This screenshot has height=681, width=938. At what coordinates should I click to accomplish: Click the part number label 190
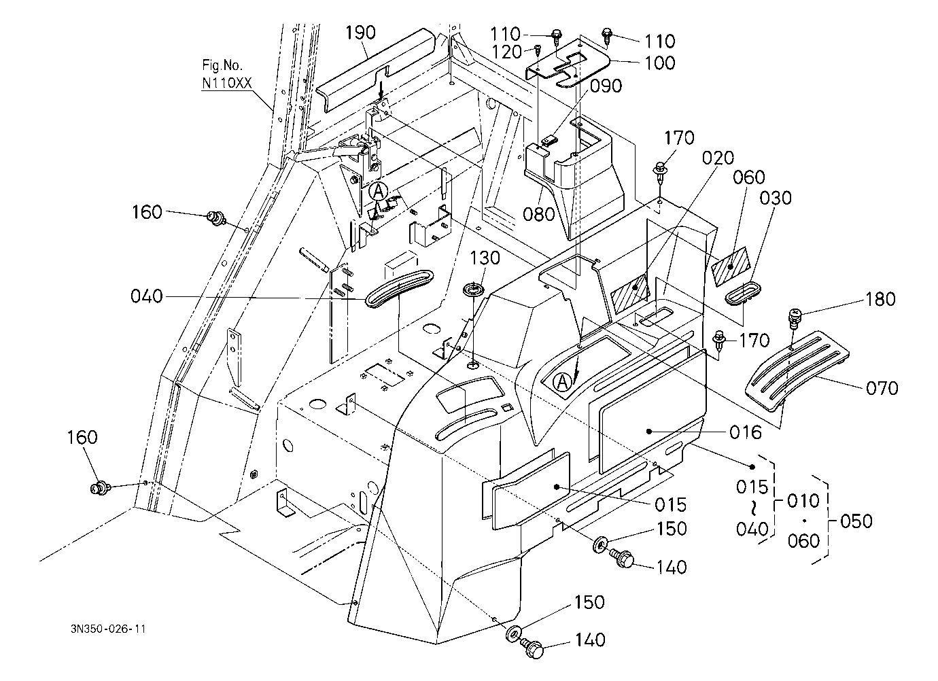tap(360, 33)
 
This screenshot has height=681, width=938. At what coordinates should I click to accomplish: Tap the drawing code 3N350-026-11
tap(108, 629)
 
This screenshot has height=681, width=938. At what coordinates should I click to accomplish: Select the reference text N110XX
tap(227, 83)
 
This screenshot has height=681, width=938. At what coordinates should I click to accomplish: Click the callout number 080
tap(539, 214)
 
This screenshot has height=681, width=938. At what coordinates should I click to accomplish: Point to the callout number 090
tap(606, 86)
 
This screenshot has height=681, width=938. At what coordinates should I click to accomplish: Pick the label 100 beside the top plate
tap(660, 63)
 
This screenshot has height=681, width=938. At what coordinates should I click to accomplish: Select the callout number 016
tap(746, 432)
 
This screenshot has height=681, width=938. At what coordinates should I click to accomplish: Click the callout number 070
tap(882, 388)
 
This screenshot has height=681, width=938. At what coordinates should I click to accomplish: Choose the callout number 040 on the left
tap(147, 296)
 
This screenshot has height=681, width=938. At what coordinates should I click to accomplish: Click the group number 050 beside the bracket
tap(856, 521)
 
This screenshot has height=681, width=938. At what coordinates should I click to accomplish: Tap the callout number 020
tap(718, 158)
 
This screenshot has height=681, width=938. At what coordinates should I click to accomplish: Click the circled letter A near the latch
tap(378, 192)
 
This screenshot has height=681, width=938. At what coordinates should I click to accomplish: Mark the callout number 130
tap(485, 258)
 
